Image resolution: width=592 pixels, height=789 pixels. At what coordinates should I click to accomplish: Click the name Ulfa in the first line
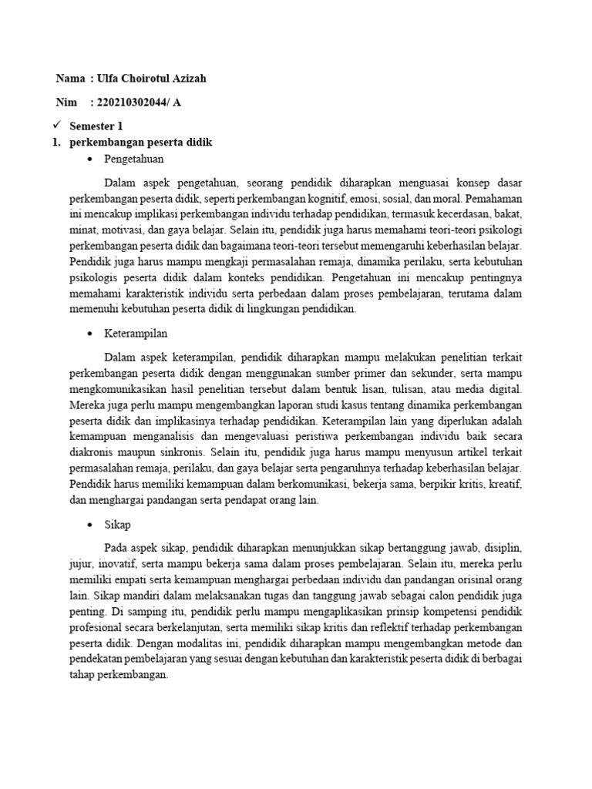point(112,79)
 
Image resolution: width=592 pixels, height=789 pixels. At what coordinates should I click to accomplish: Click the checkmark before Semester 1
point(56,125)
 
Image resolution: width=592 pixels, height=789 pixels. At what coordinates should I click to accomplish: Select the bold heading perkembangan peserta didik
point(140,143)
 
